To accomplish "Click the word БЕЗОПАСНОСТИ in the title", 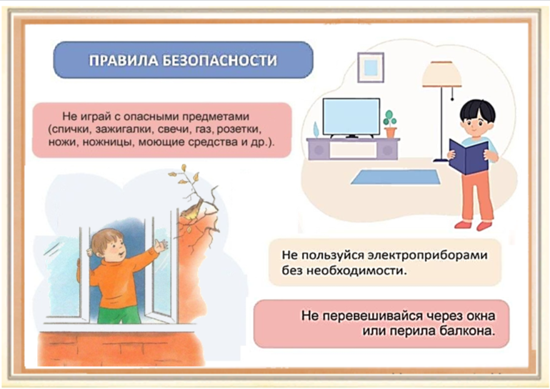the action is (219, 60).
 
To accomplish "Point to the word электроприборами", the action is (428, 255).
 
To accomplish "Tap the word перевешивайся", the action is (372, 316).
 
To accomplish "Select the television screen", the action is (351, 117).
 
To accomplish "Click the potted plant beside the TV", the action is (390, 124).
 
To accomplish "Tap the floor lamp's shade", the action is (441, 74).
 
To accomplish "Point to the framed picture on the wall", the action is (371, 67).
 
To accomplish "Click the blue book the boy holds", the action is (469, 157).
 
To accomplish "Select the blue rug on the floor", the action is (396, 177).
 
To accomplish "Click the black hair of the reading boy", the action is (477, 110).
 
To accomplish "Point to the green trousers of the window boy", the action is (119, 315).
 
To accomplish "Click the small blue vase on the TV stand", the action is (316, 129).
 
